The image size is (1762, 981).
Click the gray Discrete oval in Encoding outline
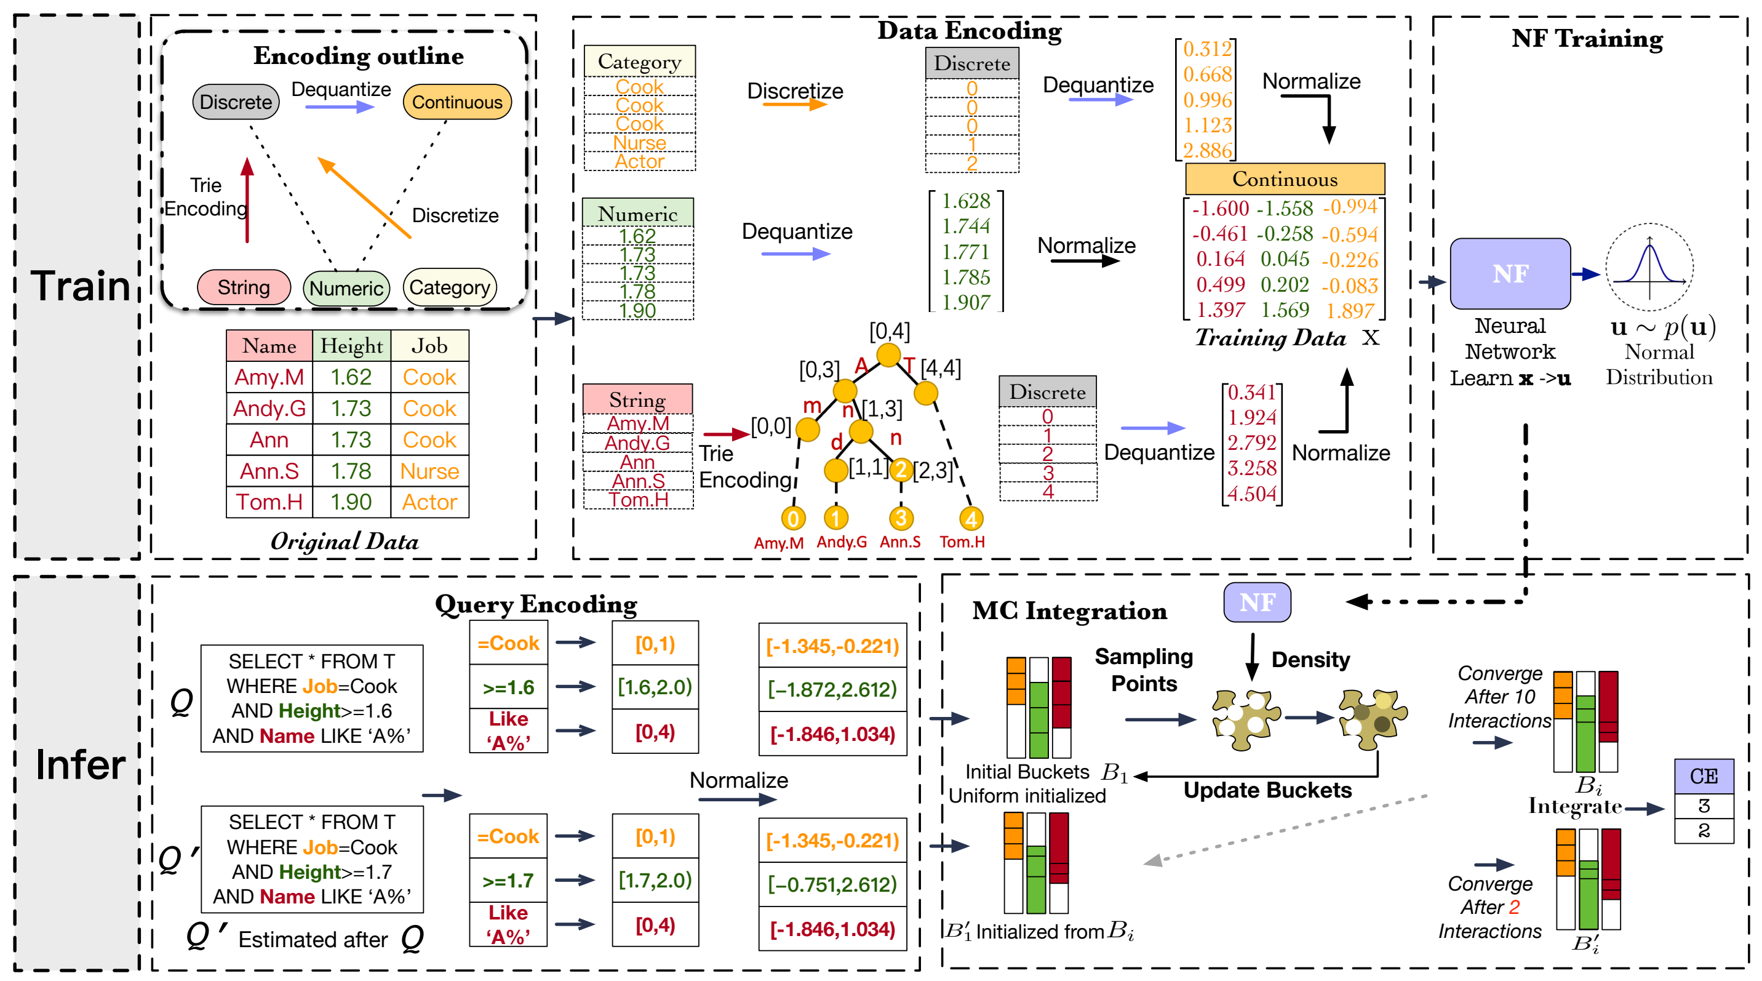(x=236, y=102)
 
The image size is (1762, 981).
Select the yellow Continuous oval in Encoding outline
(x=457, y=102)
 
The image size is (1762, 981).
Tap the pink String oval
(x=244, y=287)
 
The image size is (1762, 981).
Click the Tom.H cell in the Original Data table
(x=269, y=502)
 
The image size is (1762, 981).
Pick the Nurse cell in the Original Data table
(x=429, y=471)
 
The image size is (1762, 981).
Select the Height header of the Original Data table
(x=351, y=346)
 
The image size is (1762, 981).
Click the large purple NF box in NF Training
(x=1510, y=274)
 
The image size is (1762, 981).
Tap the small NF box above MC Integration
(x=1256, y=602)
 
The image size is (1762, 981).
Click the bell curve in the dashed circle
(x=1649, y=267)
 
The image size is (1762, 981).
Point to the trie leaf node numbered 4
(x=971, y=519)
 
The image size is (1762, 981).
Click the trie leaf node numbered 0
(x=793, y=519)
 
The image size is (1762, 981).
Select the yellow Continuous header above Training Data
(x=1285, y=179)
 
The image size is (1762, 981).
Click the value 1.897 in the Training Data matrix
(x=1350, y=311)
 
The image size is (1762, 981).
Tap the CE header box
(x=1703, y=776)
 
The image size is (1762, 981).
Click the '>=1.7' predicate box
(x=508, y=881)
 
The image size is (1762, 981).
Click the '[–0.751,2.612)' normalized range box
(x=832, y=884)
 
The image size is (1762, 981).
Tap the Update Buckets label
(x=1267, y=790)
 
